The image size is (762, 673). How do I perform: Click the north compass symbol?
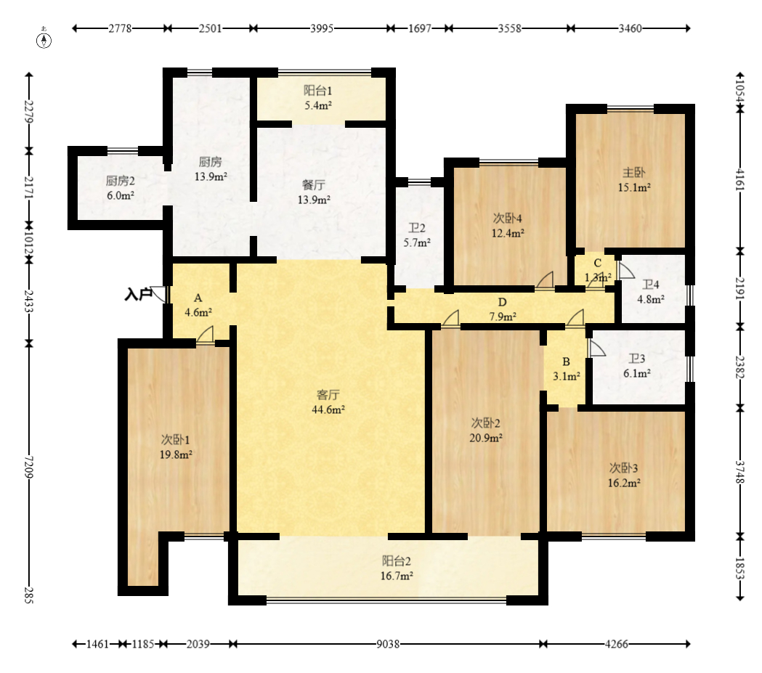(x=44, y=41)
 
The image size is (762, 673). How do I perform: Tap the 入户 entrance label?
(x=138, y=294)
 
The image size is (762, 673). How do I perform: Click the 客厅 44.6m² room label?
(x=328, y=402)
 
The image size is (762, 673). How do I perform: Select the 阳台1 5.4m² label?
(x=318, y=97)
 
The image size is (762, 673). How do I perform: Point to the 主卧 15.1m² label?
(x=634, y=179)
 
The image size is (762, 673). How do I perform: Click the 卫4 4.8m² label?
(x=651, y=292)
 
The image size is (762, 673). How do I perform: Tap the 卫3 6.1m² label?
(x=637, y=366)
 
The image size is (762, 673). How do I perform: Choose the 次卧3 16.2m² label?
(x=624, y=476)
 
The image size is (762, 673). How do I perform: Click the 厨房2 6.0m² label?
(x=121, y=188)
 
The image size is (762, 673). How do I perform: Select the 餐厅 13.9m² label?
(x=314, y=192)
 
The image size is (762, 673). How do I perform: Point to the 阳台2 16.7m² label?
(x=397, y=568)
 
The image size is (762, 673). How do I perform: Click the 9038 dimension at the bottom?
(x=388, y=645)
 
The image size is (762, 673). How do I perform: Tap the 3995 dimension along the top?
(x=322, y=28)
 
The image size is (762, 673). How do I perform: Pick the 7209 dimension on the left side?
(x=28, y=467)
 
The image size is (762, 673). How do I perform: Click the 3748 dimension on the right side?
(x=739, y=471)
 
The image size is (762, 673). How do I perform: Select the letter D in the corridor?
(x=503, y=303)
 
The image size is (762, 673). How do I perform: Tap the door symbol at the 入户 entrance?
(x=159, y=294)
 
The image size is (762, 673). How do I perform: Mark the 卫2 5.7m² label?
(x=417, y=235)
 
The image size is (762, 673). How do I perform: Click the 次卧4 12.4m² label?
(x=508, y=225)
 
